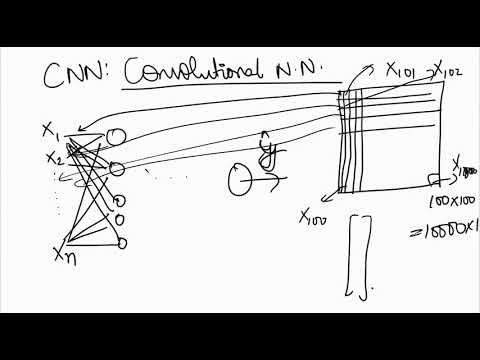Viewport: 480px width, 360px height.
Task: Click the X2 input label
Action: pos(54,158)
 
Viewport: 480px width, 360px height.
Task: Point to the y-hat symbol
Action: pos(267,149)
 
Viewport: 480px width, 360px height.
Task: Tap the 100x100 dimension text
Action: pos(450,203)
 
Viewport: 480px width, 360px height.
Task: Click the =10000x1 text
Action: pos(450,229)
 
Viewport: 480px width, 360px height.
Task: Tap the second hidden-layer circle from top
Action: pos(116,168)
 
